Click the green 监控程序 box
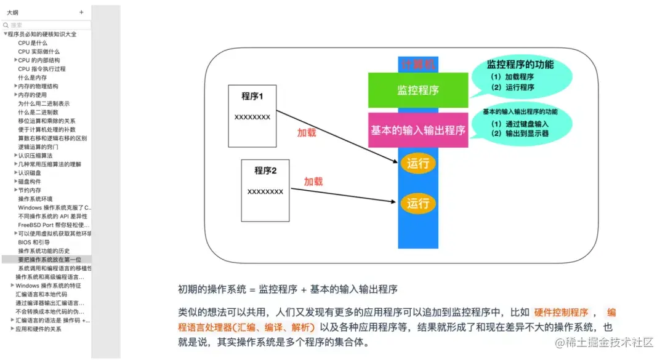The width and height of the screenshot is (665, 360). click(418, 90)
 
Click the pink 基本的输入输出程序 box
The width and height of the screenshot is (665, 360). click(418, 130)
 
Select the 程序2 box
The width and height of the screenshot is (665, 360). click(265, 189)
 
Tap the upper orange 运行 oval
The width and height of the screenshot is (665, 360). click(418, 164)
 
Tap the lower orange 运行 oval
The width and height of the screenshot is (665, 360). click(418, 202)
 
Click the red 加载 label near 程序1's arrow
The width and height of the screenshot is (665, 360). click(307, 132)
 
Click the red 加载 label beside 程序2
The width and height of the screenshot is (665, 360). click(313, 182)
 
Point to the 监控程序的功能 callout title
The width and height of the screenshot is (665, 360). click(520, 64)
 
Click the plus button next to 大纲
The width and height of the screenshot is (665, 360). click(81, 12)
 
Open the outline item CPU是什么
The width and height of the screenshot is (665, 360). click(33, 43)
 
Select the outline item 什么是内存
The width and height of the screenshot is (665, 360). click(33, 78)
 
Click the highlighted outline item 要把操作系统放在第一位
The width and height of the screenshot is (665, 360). click(49, 260)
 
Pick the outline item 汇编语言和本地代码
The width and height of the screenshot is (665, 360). click(41, 294)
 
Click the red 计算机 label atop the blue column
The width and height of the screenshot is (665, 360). click(418, 64)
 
